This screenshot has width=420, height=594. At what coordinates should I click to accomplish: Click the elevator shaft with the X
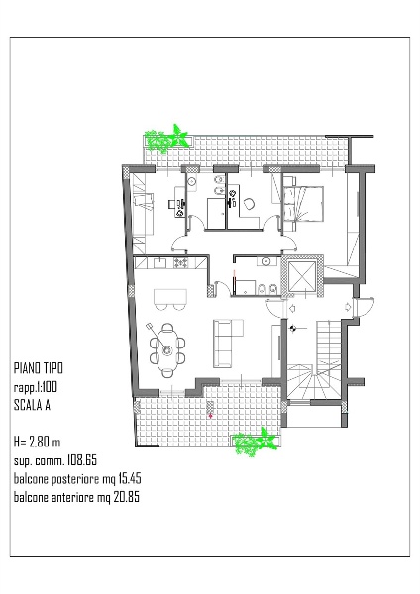[302, 276]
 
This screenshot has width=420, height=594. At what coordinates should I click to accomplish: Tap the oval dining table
[167, 350]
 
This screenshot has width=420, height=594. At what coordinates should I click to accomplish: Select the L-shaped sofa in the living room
[227, 344]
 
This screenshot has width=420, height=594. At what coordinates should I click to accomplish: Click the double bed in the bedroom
[305, 203]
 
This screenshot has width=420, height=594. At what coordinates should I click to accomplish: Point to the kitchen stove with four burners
[181, 262]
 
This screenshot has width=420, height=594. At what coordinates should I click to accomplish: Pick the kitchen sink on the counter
[160, 262]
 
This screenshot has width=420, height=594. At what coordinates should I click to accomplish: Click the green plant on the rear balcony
[166, 139]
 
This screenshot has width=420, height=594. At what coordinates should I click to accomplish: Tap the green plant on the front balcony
[255, 443]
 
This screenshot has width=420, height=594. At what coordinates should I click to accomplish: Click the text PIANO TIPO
[39, 368]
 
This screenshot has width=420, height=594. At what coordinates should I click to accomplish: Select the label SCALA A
[32, 405]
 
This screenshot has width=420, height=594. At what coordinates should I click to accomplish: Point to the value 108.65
[82, 460]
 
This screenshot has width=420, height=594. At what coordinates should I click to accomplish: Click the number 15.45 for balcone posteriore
[129, 478]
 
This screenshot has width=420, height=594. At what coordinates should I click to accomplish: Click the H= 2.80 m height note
[38, 442]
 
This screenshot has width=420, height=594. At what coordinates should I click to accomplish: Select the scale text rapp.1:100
[36, 387]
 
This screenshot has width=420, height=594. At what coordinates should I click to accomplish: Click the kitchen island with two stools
[170, 299]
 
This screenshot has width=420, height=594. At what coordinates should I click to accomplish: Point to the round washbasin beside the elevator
[265, 261]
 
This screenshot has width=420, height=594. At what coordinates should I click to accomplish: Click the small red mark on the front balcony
[211, 416]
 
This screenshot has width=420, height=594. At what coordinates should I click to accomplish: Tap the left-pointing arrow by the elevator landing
[292, 308]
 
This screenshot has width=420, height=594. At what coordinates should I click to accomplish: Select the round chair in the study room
[250, 205]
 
